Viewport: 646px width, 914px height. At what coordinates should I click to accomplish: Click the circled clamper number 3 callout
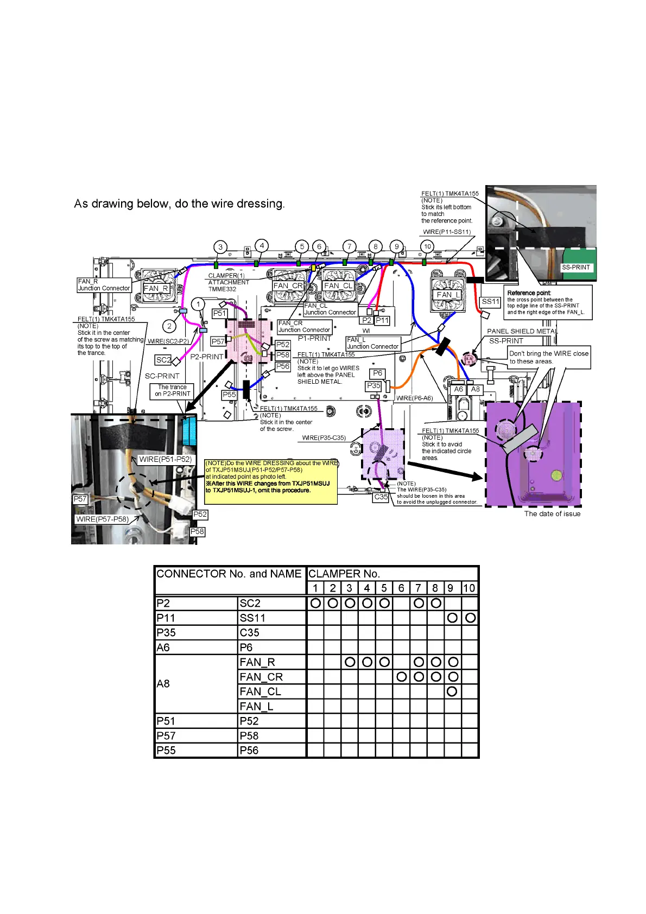tap(220, 247)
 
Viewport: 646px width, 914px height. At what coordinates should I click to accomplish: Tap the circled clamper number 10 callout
tap(427, 246)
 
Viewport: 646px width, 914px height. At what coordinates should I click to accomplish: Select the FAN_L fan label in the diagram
tap(448, 295)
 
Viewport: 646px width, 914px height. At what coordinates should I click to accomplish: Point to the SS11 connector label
tap(490, 302)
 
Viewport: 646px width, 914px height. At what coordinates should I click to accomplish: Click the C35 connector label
tap(381, 497)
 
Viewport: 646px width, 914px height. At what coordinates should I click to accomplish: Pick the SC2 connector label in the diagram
tap(163, 360)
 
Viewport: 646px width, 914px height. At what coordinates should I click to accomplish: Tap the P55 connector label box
tap(229, 395)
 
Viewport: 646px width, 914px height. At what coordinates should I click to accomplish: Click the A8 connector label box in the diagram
tap(476, 389)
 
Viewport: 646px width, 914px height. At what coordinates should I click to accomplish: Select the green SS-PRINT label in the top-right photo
tap(575, 267)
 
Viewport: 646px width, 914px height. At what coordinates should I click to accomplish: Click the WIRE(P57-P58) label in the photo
tap(103, 519)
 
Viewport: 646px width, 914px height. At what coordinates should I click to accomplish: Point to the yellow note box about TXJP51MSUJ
tap(271, 481)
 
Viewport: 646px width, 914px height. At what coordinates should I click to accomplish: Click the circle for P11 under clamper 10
tap(470, 618)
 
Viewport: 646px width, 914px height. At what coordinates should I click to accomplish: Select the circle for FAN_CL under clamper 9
tap(452, 691)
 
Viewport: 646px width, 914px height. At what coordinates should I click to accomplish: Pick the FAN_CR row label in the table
tap(261, 677)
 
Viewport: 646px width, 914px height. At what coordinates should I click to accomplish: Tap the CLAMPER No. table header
tap(344, 574)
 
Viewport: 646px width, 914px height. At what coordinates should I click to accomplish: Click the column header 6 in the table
tap(401, 588)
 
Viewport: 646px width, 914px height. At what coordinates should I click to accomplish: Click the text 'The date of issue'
tap(552, 513)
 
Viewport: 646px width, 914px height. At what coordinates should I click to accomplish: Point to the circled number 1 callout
tap(198, 304)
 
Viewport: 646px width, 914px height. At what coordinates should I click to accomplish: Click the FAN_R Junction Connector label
tap(104, 285)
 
